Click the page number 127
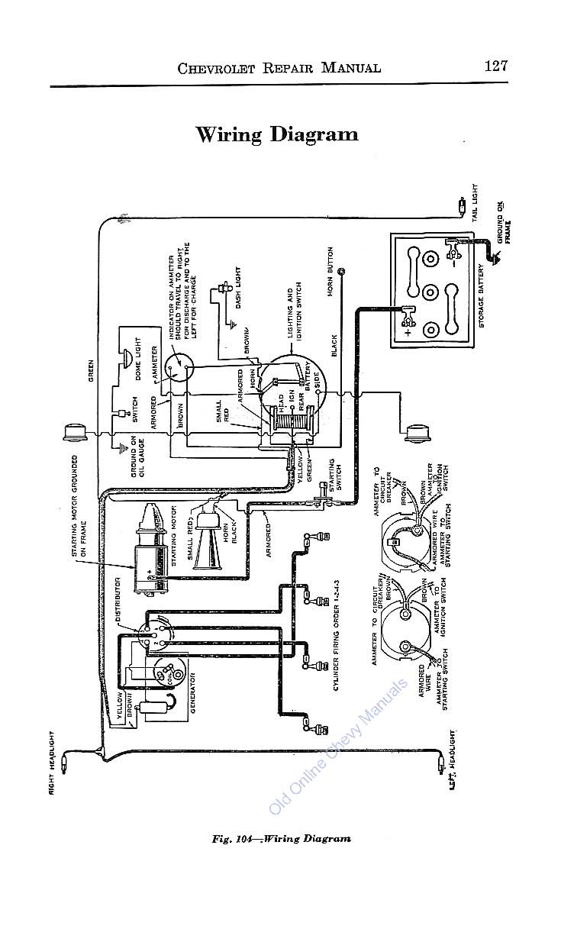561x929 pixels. (x=495, y=66)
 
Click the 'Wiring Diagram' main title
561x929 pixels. (x=277, y=134)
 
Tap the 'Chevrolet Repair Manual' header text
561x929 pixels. (x=279, y=67)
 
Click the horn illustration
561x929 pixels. (x=208, y=539)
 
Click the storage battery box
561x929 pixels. (x=430, y=290)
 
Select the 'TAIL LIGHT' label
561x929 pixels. (x=475, y=202)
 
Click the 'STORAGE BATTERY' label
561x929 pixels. (x=482, y=296)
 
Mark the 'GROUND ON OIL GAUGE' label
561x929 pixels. (x=138, y=456)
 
